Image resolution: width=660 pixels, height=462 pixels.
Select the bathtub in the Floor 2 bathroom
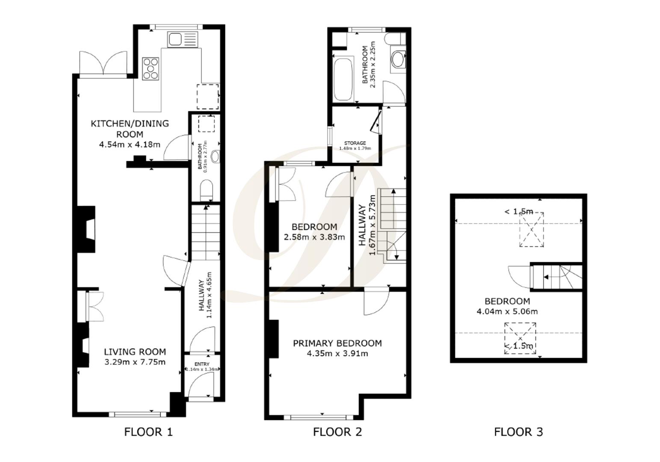coord(343,80)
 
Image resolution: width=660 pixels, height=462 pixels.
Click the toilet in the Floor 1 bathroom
coord(207,190)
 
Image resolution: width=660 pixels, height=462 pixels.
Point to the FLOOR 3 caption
coord(518,432)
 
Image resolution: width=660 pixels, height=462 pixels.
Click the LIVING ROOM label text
coord(135,352)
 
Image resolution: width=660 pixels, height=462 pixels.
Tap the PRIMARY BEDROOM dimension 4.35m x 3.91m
coord(337,353)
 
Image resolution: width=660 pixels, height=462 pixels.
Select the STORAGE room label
coord(355,143)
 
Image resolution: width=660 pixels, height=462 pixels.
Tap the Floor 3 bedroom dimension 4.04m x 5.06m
coord(507,311)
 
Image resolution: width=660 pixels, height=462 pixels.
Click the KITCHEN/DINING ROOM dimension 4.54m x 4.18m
coord(130,145)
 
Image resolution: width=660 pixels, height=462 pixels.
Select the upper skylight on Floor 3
coord(531,229)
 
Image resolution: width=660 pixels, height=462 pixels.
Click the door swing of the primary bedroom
coord(375,302)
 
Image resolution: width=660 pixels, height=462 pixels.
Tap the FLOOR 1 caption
coord(148,432)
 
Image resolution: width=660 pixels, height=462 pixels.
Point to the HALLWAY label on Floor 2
coord(362,225)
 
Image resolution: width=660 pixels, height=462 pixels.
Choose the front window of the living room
coord(137,414)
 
